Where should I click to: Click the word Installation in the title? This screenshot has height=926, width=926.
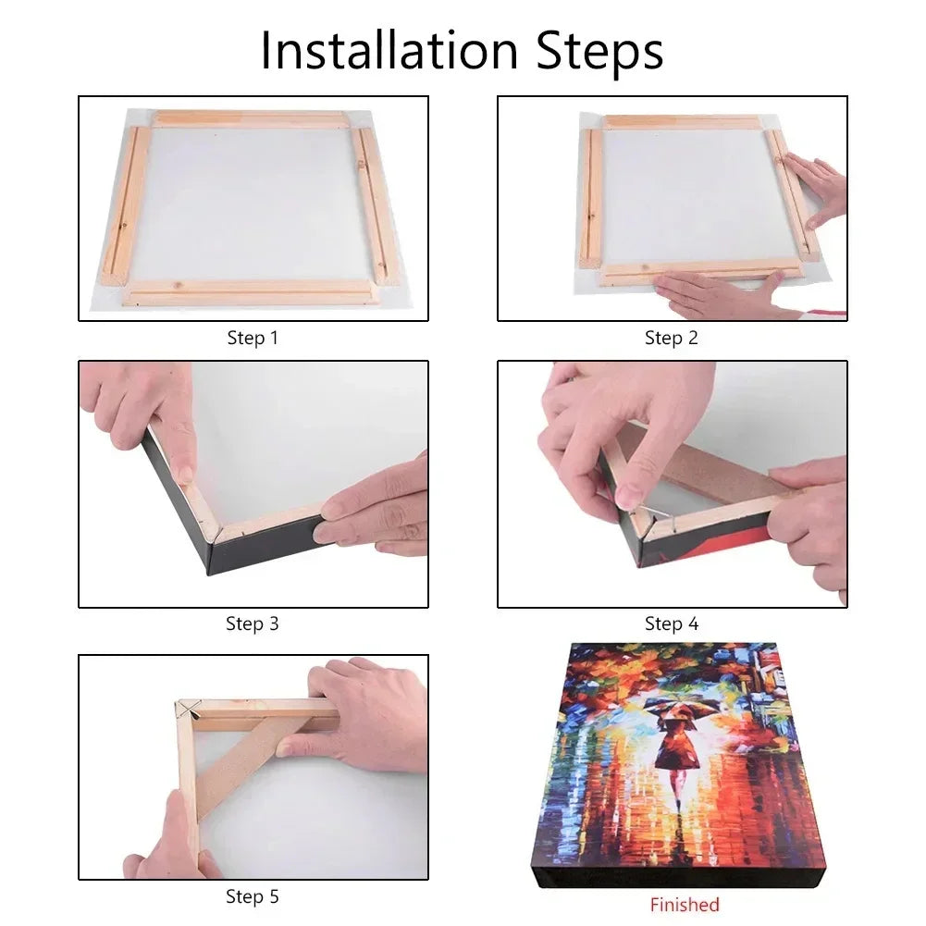(x=389, y=50)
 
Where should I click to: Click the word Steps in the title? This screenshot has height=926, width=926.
(x=599, y=52)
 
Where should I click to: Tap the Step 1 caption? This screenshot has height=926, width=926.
(x=253, y=338)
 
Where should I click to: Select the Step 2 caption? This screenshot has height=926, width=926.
(x=671, y=338)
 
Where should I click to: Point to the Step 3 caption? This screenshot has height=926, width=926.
(x=253, y=624)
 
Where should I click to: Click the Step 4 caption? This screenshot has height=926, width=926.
(x=671, y=624)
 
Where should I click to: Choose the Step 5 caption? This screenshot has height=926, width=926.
(x=253, y=896)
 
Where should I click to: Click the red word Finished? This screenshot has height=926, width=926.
(x=685, y=905)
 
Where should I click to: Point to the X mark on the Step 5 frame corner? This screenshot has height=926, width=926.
(x=189, y=710)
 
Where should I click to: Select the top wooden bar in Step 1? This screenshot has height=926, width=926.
(x=249, y=118)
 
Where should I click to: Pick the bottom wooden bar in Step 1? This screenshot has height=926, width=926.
(x=249, y=293)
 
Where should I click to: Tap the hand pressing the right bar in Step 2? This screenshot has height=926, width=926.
(x=817, y=188)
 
